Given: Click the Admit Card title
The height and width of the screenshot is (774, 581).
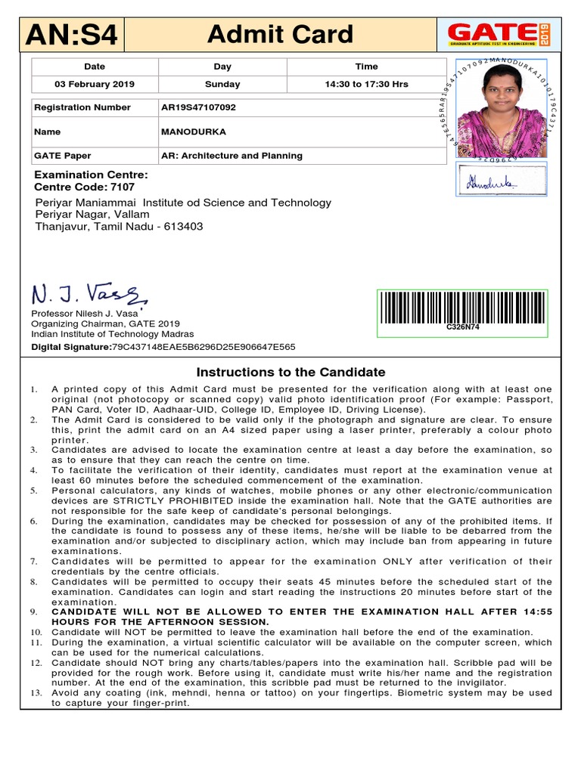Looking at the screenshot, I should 280,34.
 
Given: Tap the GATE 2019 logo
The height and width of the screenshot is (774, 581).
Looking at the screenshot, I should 499,35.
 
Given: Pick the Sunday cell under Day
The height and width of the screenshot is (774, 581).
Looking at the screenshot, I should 222,84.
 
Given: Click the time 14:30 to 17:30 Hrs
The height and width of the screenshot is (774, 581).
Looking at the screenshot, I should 366,84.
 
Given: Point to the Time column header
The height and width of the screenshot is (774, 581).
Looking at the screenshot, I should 366,67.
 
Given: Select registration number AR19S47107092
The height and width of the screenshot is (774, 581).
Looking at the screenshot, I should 198,107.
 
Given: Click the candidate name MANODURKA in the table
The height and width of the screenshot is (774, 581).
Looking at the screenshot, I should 194,132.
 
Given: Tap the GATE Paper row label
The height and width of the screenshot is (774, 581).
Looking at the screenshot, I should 63,156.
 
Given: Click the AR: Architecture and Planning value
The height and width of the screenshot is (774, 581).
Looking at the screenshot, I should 231,156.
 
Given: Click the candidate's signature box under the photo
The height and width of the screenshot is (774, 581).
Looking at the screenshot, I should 501,181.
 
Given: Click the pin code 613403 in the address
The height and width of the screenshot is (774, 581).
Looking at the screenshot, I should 185,227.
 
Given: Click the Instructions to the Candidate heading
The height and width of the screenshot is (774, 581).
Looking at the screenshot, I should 290,372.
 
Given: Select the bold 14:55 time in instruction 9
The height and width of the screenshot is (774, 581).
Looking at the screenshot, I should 537,611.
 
